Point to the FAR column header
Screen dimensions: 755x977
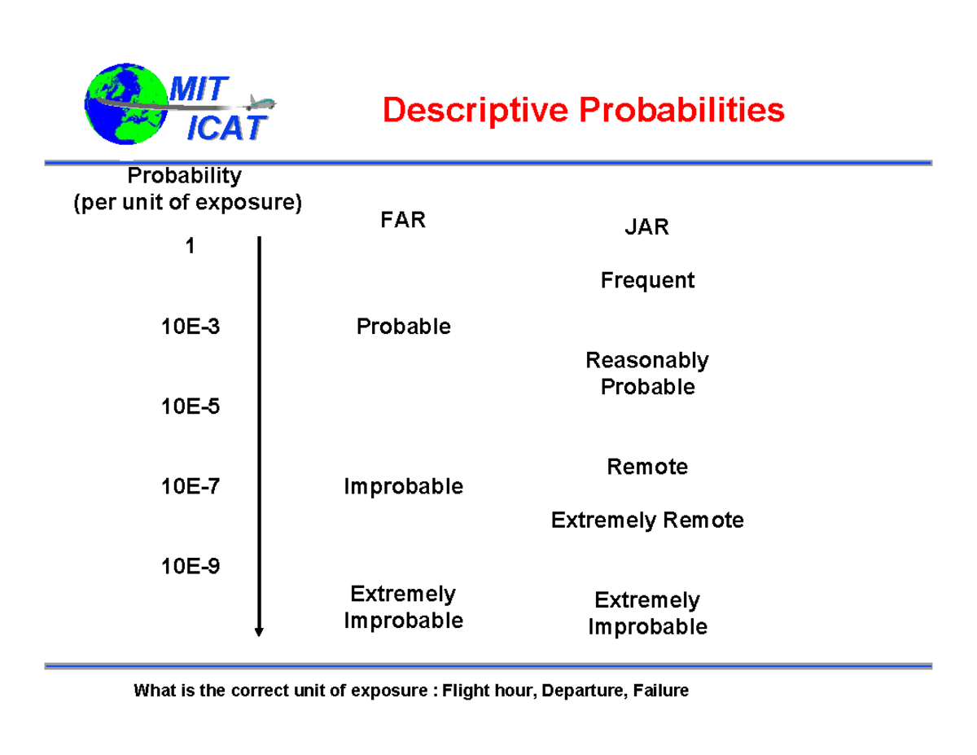[x=403, y=221]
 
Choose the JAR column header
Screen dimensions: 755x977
[x=646, y=227]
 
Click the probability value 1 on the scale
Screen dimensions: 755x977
[x=190, y=247]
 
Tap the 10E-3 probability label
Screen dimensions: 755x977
[x=190, y=327]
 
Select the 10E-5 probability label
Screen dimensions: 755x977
[x=190, y=406]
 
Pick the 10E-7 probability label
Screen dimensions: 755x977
[x=190, y=487]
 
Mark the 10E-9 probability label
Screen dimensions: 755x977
[x=190, y=567]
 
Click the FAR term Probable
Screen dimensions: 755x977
[x=403, y=327]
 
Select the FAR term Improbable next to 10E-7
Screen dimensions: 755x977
[x=403, y=487]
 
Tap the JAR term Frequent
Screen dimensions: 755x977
[x=647, y=281]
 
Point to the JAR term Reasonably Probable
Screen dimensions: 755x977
[x=647, y=373]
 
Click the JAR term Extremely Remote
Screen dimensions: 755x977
[x=647, y=520]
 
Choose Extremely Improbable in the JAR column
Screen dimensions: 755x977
[x=647, y=613]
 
